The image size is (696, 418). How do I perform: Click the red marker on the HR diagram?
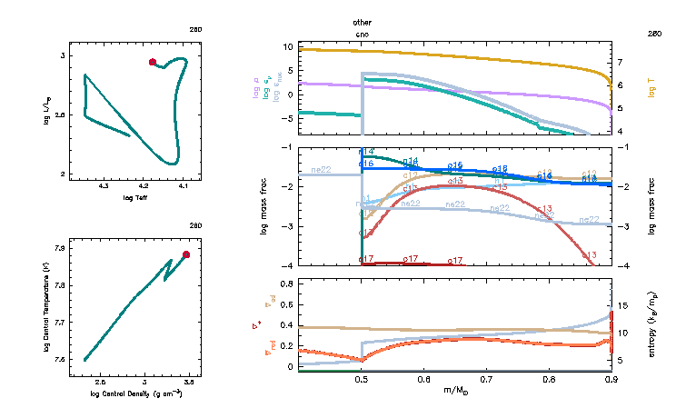click(153, 62)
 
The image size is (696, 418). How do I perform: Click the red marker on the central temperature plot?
click(186, 254)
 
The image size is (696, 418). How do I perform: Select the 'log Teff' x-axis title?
click(135, 197)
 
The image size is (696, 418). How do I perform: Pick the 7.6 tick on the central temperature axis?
click(58, 361)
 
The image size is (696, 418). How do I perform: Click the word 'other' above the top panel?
click(363, 22)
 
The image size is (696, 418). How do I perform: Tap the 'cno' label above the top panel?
click(363, 34)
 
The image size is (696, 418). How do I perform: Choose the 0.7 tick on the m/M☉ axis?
click(486, 380)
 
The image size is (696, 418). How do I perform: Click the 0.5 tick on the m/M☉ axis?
click(362, 380)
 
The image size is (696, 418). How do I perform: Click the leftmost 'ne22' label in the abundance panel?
click(321, 170)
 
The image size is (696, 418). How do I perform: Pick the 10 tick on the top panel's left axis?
click(286, 45)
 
